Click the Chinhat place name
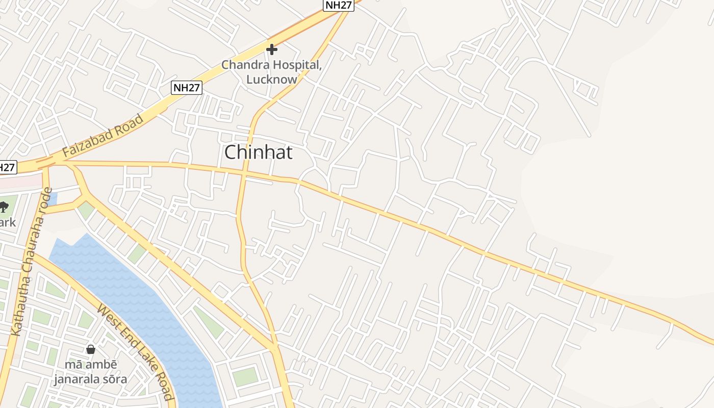click(259, 152)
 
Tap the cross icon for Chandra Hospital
click(272, 49)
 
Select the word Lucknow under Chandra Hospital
click(271, 80)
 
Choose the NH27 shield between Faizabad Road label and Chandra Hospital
click(186, 88)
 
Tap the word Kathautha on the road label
click(19, 309)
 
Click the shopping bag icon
click(91, 349)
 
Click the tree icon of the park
click(4, 207)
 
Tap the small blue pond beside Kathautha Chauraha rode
click(53, 198)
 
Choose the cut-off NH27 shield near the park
click(7, 167)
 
